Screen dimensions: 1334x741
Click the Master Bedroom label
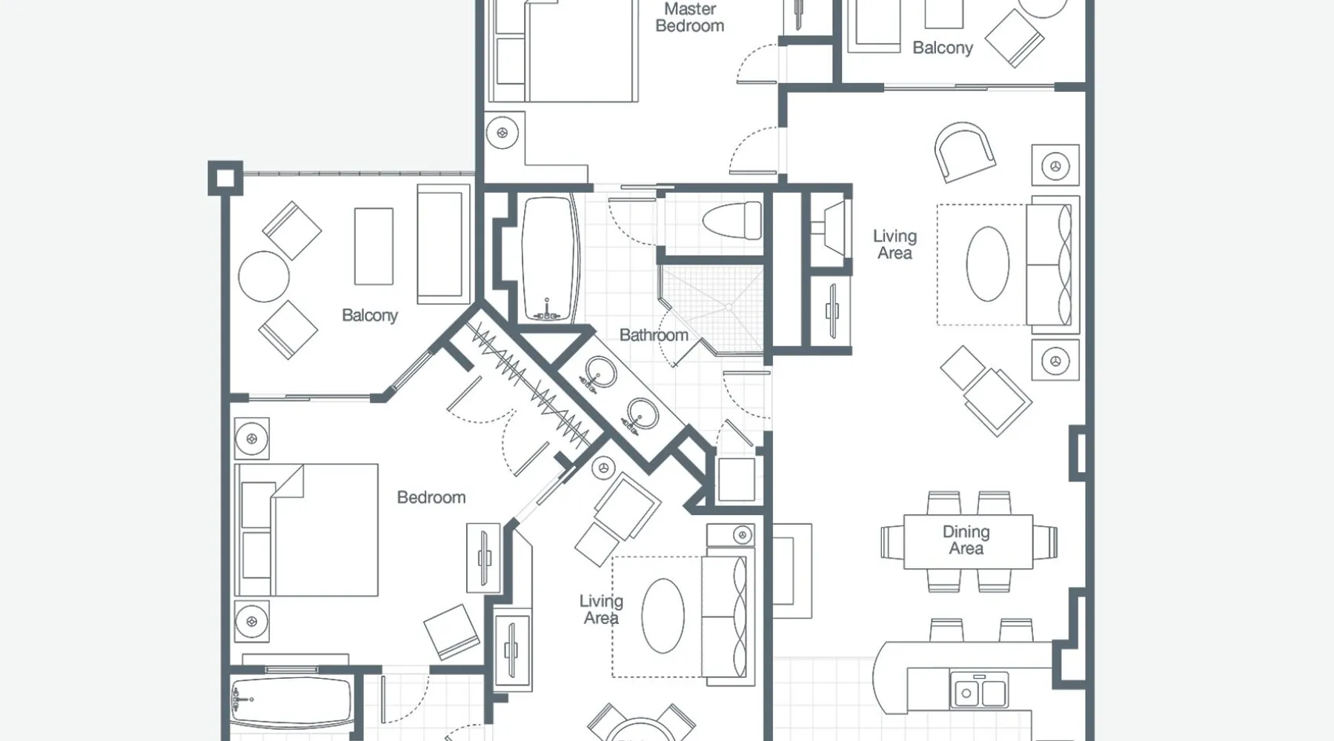(x=689, y=17)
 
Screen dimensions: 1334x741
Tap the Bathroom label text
(x=654, y=335)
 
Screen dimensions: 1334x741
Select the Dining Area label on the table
(x=966, y=540)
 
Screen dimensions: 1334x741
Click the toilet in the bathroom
(x=731, y=220)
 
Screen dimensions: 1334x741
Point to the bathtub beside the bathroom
(x=549, y=258)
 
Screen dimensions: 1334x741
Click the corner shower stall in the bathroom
(x=711, y=307)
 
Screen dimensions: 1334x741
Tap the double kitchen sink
(x=979, y=691)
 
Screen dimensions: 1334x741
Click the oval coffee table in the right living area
(x=988, y=264)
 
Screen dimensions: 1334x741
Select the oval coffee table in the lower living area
(x=663, y=616)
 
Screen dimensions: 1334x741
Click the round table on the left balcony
(x=264, y=276)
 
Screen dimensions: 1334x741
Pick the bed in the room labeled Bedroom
(x=306, y=530)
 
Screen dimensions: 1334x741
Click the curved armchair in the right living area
(x=964, y=152)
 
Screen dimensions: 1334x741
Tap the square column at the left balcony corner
(x=225, y=178)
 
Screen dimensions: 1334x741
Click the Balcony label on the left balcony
(x=370, y=315)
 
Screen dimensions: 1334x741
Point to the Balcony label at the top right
(x=943, y=47)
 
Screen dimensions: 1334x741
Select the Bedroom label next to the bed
(x=431, y=497)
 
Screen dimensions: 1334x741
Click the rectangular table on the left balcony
(x=374, y=246)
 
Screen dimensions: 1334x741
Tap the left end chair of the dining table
(x=892, y=542)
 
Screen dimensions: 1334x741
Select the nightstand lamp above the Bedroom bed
(x=252, y=439)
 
